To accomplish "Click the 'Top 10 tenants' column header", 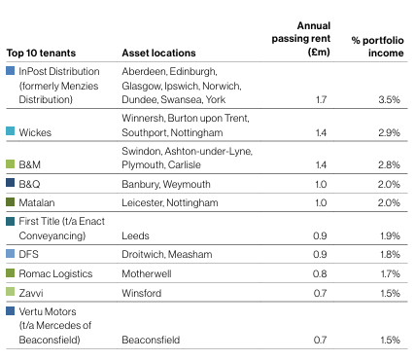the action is (x=41, y=53).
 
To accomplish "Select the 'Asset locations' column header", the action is (x=158, y=53).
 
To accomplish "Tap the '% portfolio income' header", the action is (x=378, y=47).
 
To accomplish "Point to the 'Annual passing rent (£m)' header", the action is (x=301, y=39).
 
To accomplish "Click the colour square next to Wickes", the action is (x=11, y=131).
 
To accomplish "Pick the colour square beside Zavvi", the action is (x=11, y=292).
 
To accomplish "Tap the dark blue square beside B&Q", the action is (x=11, y=183).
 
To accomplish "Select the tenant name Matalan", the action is (x=37, y=202).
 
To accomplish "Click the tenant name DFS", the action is (x=28, y=254).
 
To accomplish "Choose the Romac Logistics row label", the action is (x=55, y=273).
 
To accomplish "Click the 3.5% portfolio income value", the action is (x=389, y=99).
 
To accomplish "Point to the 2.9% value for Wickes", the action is (x=389, y=132).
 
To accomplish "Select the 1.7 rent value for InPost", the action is (x=321, y=99).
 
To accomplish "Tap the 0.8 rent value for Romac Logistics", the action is (x=320, y=273).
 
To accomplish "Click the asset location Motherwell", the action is (x=147, y=273).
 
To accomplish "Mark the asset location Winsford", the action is (x=142, y=293).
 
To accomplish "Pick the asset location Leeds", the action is (x=135, y=235).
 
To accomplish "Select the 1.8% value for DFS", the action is (x=390, y=254).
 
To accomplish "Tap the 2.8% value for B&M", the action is (x=389, y=164).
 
